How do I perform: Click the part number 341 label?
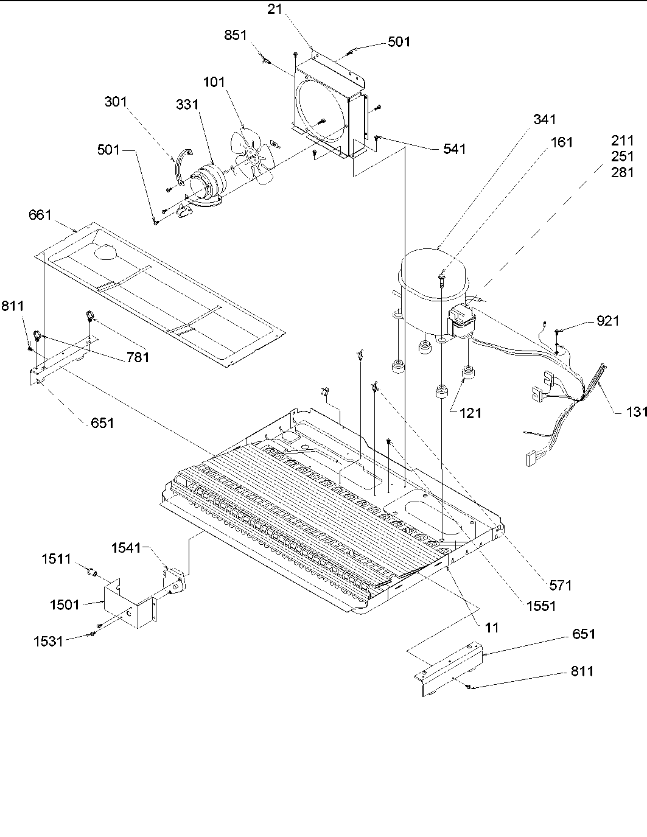pos(544,119)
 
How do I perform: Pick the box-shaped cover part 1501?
pos(127,605)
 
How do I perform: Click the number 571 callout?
pos(560,586)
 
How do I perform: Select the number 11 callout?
pos(492,627)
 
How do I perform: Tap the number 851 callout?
pos(236,35)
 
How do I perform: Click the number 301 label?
pos(116,101)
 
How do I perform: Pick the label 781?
pos(138,358)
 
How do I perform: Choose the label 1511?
pos(57,559)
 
